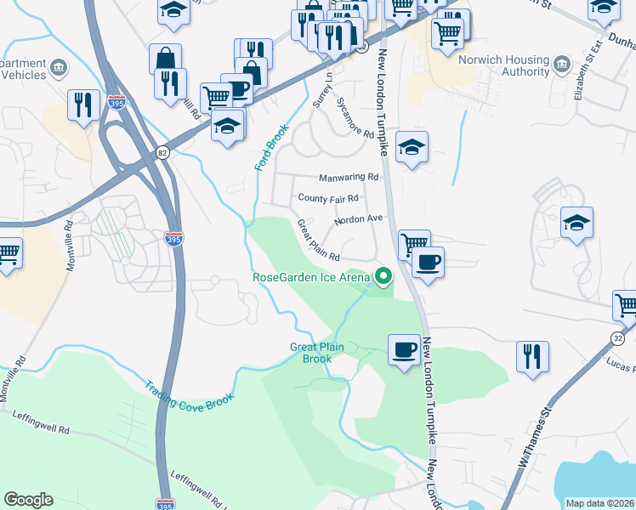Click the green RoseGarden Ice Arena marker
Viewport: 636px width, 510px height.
[x=383, y=275]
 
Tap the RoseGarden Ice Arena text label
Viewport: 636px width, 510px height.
[x=311, y=276]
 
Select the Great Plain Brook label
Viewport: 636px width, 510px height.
[x=317, y=353]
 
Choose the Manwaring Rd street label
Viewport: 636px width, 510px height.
[x=349, y=177]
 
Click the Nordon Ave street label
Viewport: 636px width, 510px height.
[x=358, y=218]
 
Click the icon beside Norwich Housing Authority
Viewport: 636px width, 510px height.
[x=561, y=65]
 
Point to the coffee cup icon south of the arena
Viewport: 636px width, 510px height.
[x=403, y=349]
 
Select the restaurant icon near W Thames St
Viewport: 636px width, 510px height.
[x=532, y=356]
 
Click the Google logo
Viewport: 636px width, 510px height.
[x=28, y=500]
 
